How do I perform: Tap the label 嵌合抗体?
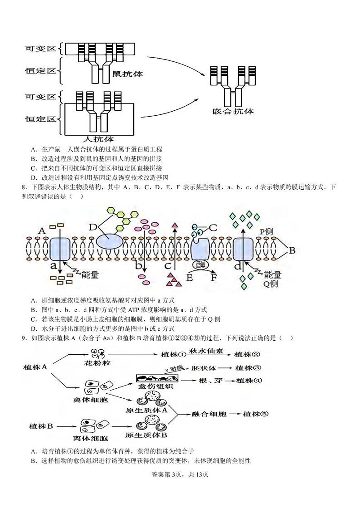[233, 111]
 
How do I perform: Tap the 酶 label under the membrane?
[199, 264]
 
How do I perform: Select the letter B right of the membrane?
[292, 250]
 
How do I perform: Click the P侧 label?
[267, 231]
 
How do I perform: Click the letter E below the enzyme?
[190, 277]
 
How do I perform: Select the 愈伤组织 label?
[155, 386]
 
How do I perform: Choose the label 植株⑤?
[256, 414]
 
